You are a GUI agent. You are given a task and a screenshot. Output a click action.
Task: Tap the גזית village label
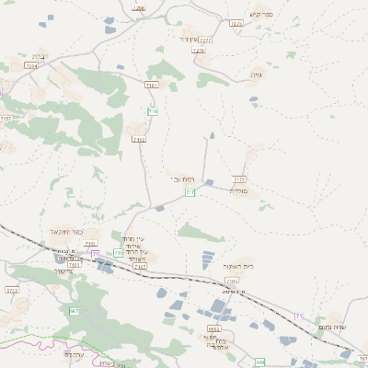[256, 75]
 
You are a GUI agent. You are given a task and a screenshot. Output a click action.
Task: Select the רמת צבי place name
[181, 178]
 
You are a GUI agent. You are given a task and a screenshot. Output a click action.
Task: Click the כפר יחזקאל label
[67, 232]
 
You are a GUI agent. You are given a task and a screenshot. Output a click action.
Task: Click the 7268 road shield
[139, 8]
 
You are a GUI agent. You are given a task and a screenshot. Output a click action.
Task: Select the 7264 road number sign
[32, 66]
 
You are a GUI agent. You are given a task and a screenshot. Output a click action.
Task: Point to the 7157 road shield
[6, 119]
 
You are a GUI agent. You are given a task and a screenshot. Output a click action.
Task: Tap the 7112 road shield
[138, 140]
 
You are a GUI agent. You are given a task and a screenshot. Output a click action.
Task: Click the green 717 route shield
[190, 192]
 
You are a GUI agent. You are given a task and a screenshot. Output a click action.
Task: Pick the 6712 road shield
[12, 290]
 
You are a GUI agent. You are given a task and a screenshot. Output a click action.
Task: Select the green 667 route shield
[75, 312]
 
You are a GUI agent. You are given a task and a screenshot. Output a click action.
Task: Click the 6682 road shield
[213, 328]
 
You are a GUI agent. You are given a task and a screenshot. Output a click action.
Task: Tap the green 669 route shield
[260, 361]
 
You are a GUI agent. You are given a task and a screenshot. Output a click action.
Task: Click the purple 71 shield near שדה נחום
[298, 316]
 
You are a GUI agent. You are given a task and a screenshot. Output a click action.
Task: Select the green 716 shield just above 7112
[154, 111]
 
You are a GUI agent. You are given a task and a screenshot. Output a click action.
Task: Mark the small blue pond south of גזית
[255, 100]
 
